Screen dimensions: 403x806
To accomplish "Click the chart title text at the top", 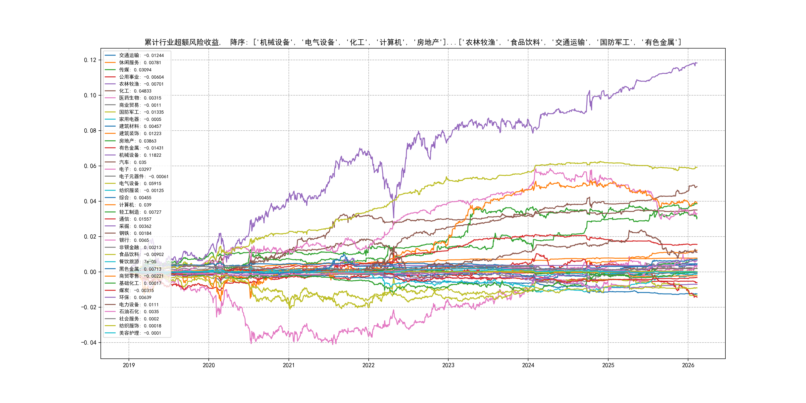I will click(413, 42).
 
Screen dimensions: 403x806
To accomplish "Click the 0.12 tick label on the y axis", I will click(90, 60).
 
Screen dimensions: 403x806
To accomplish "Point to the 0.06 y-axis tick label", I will click(90, 166).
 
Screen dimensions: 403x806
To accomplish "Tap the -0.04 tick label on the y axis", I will click(89, 343).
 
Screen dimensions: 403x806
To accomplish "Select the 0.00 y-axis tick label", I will click(90, 272).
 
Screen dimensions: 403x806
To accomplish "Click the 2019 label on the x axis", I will click(129, 365).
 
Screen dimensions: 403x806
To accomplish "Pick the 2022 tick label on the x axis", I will click(368, 365).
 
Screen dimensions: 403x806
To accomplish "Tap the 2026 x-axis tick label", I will click(688, 365).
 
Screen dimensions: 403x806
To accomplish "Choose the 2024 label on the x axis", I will click(528, 365).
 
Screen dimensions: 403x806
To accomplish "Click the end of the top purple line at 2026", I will click(697, 63).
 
